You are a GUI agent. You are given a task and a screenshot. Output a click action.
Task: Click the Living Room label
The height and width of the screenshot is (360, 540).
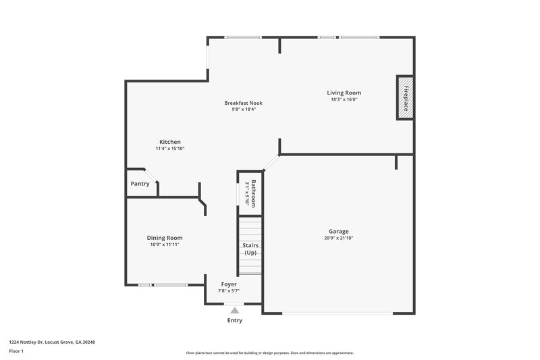click(344, 93)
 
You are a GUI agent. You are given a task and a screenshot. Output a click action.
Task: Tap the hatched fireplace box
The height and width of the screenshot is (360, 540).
click(404, 98)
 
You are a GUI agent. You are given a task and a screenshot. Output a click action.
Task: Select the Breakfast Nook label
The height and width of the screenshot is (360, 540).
click(243, 103)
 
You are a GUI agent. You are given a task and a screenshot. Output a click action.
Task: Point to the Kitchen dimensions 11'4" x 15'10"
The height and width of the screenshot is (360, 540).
click(169, 149)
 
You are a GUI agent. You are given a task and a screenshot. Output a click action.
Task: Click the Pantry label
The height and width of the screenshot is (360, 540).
click(140, 184)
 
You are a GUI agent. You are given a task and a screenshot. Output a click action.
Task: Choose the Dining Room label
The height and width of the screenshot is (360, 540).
click(165, 238)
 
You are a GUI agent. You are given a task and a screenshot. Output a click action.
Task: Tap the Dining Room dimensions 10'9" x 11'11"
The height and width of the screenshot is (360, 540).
click(165, 245)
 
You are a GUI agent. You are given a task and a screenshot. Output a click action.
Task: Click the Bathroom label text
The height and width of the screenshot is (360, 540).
click(254, 192)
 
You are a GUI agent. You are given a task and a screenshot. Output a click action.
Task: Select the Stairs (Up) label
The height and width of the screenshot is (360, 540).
click(250, 249)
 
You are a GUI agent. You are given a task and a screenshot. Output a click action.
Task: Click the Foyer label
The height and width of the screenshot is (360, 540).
click(229, 284)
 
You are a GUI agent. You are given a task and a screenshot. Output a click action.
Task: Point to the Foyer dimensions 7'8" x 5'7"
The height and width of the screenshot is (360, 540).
click(229, 291)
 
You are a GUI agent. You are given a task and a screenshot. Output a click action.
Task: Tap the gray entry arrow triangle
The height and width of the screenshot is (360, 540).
click(234, 310)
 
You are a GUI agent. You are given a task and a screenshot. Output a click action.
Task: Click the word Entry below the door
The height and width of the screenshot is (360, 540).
click(234, 320)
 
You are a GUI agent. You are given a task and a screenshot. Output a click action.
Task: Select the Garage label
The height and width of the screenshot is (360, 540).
click(338, 231)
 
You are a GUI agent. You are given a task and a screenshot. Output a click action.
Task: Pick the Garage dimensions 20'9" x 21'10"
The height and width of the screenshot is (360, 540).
click(338, 238)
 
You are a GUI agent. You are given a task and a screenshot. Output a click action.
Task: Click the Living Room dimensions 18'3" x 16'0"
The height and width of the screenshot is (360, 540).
click(344, 100)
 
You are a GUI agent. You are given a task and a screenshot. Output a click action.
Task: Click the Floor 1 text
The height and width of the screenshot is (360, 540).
click(16, 351)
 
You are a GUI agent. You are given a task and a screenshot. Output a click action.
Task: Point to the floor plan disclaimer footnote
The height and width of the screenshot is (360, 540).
click(269, 353)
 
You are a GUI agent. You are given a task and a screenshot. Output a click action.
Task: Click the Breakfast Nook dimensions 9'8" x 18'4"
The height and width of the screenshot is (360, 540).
click(243, 109)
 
